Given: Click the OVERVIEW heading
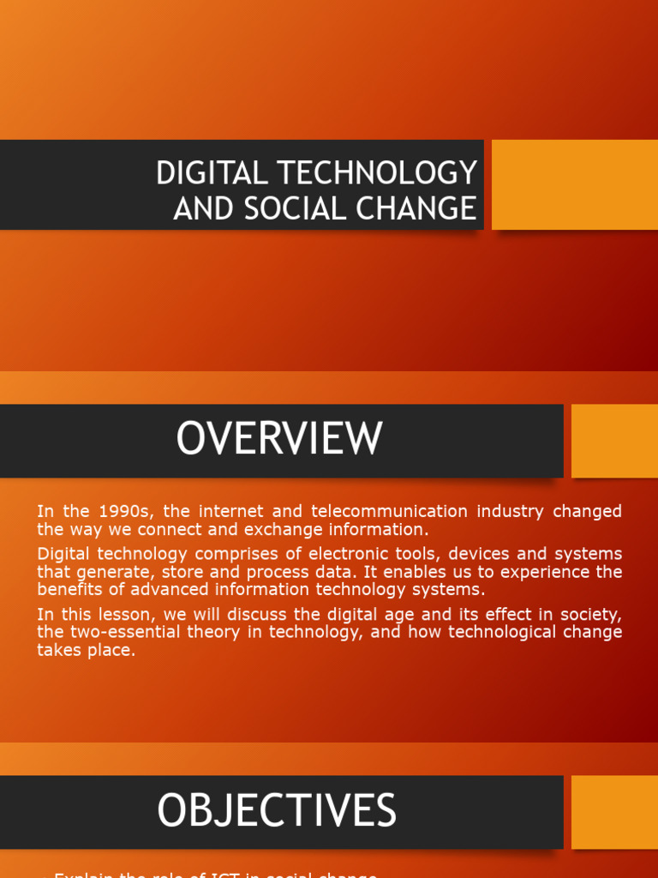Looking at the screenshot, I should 279,439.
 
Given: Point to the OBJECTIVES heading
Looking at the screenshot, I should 277,810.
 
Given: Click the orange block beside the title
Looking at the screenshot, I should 574,184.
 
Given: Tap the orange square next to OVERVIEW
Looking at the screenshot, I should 613,441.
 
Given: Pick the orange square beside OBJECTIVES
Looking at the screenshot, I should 613,811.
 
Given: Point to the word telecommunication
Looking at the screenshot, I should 386,512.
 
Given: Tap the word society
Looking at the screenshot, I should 589,614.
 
